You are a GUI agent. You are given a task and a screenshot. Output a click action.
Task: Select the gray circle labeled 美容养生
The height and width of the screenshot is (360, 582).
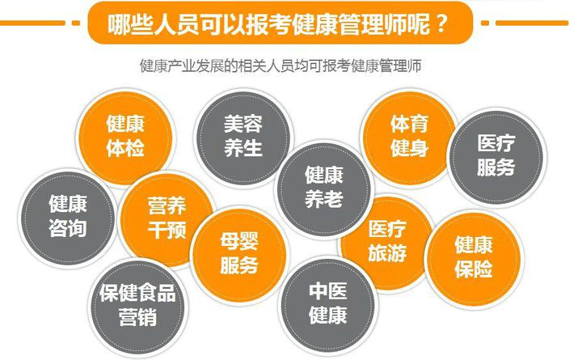coord(242,135)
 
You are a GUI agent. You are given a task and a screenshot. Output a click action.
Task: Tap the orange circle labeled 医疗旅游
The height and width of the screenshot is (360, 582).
coord(386,240)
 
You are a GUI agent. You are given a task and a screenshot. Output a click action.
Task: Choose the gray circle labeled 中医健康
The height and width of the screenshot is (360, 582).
coord(327,302)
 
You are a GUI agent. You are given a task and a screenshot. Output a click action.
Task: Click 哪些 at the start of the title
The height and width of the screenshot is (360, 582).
coord(132,22)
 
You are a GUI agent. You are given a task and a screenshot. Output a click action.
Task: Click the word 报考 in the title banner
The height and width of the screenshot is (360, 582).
coord(278,22)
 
